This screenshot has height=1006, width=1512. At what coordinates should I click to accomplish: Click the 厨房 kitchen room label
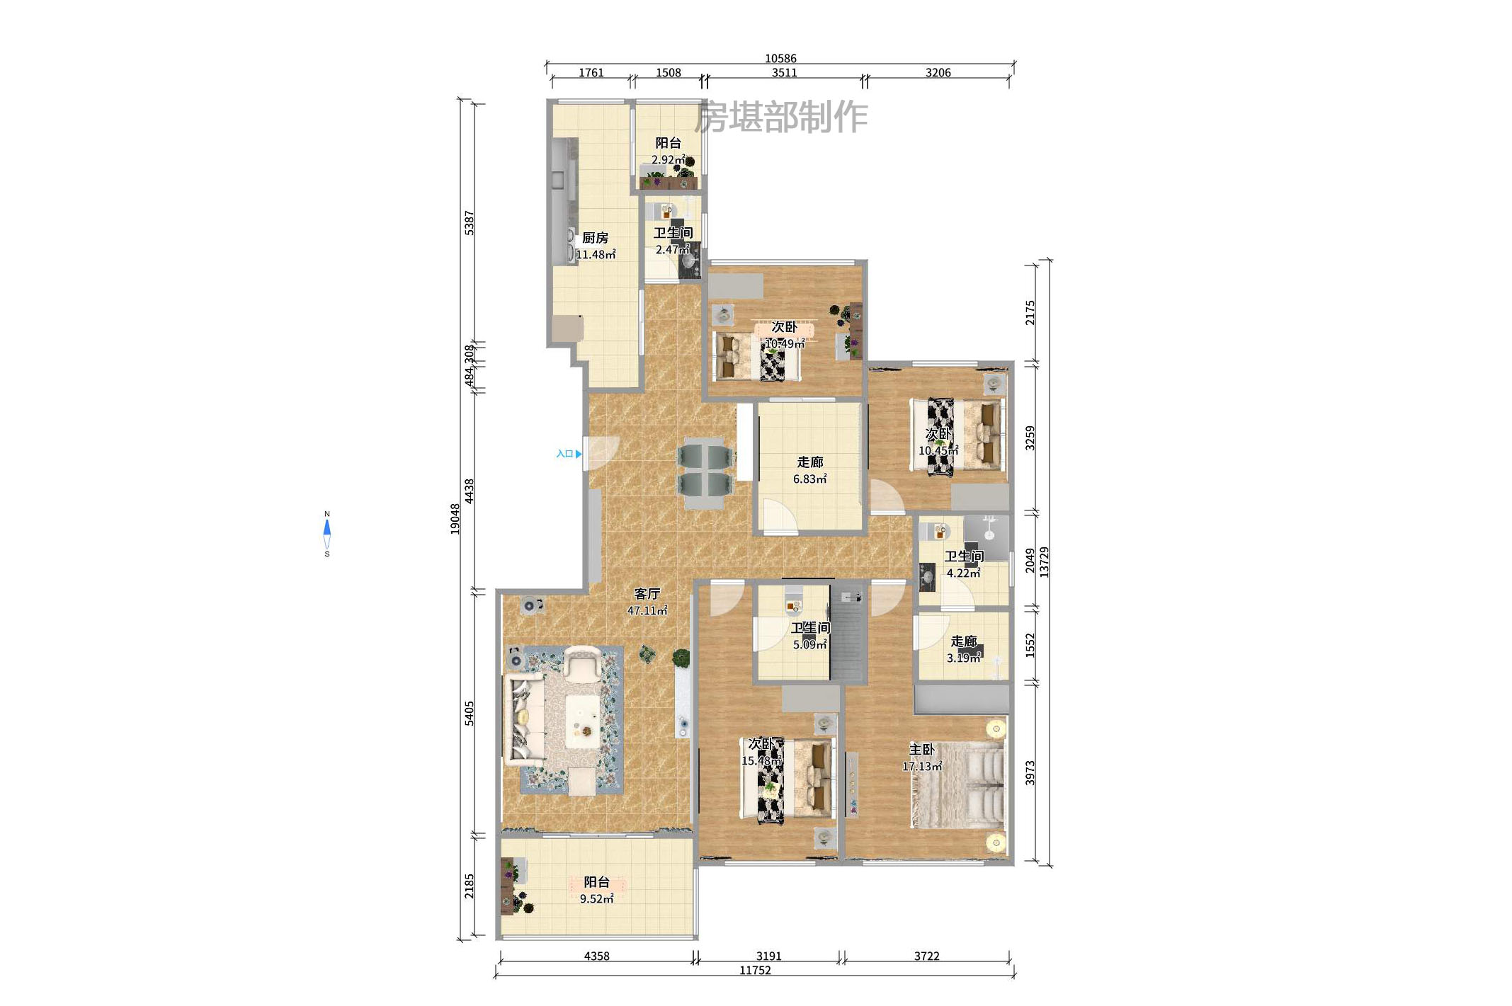[595, 238]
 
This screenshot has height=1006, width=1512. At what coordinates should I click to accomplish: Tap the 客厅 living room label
[647, 594]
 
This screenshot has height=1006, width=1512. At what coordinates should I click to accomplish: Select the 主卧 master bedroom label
[922, 750]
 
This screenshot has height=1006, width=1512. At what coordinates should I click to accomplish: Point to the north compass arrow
[327, 527]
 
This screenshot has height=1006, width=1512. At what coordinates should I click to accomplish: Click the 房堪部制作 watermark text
[780, 118]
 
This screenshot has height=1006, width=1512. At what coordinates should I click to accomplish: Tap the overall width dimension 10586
[780, 59]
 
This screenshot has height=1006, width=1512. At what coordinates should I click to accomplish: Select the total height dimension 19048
[455, 519]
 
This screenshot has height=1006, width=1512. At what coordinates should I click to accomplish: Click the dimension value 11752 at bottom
[755, 971]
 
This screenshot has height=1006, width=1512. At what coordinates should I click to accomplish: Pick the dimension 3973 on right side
[1030, 773]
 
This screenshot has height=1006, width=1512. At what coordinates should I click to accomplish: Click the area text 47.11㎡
[647, 611]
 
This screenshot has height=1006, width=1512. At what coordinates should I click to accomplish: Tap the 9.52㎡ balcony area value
[596, 899]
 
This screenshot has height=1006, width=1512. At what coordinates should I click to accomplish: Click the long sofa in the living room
[523, 721]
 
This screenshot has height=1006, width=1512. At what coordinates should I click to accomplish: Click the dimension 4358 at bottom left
[596, 956]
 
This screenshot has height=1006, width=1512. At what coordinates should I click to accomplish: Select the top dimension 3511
[784, 73]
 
